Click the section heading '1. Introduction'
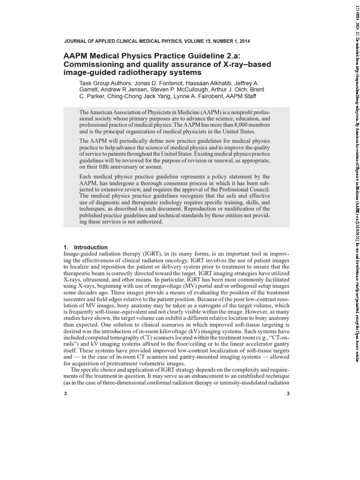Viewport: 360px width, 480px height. tap(85, 247)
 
